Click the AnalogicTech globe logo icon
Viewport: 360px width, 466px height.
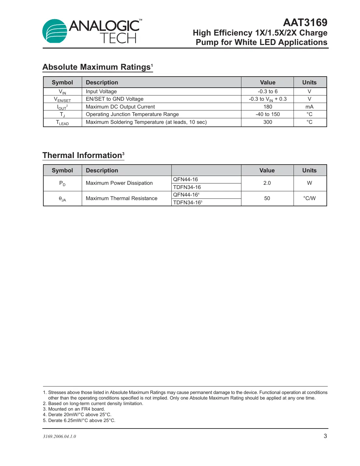pyautogui.click(x=55, y=31)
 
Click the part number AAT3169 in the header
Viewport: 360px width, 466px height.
pyautogui.click(x=305, y=22)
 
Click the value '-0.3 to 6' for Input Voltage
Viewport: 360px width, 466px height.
pyautogui.click(x=267, y=92)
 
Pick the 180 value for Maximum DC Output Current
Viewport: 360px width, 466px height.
pyautogui.click(x=267, y=107)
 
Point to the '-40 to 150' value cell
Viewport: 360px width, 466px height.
pyautogui.click(x=267, y=114)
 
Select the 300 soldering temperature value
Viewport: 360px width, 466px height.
pyautogui.click(x=267, y=122)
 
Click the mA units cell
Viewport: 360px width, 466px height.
pyautogui.click(x=309, y=107)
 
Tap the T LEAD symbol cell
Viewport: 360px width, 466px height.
pyautogui.click(x=62, y=123)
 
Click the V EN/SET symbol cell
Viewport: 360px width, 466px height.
pyautogui.click(x=62, y=99)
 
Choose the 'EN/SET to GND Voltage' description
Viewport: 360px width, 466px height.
pyautogui.click(x=114, y=99)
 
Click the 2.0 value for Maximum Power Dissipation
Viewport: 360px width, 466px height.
pyautogui.click(x=267, y=183)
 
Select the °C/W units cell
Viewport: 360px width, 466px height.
pyautogui.click(x=309, y=198)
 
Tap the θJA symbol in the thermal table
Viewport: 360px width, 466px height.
pyautogui.click(x=62, y=199)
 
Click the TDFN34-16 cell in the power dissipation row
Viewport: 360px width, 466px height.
pyautogui.click(x=187, y=187)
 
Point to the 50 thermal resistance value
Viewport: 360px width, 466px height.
pyautogui.click(x=267, y=198)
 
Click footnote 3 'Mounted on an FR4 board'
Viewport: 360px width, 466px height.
pyautogui.click(x=76, y=409)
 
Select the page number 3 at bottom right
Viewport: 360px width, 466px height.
pyautogui.click(x=325, y=436)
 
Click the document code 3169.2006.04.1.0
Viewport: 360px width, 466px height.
pyautogui.click(x=59, y=436)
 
